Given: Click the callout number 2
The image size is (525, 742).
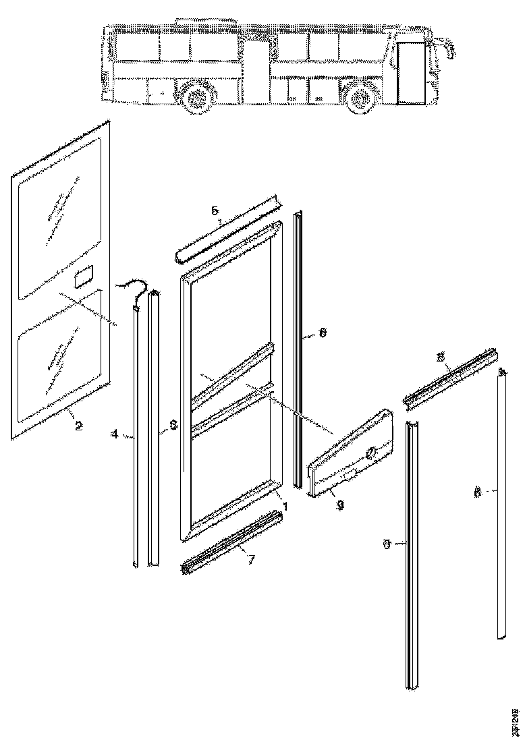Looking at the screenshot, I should [x=78, y=426].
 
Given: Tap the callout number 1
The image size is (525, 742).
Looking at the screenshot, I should [x=285, y=505].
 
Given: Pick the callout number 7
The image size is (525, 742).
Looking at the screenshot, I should [x=250, y=559].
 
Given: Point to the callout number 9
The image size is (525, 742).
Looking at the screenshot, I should [x=340, y=503].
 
